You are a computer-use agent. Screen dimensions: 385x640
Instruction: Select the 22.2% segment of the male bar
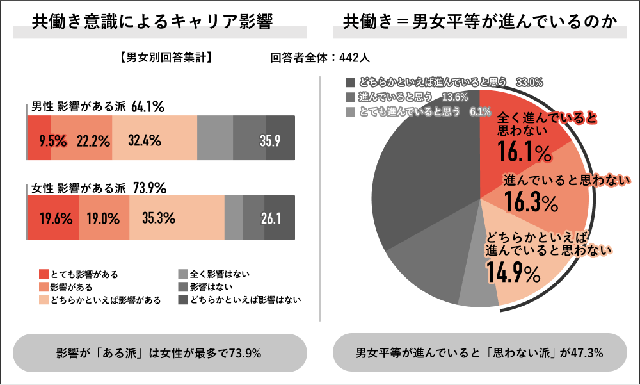click(x=93, y=140)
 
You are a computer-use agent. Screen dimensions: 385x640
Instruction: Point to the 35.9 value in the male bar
click(x=269, y=140)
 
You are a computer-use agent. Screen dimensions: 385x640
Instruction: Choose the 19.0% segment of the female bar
click(x=103, y=218)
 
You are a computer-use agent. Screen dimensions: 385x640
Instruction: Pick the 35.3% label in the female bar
click(x=158, y=218)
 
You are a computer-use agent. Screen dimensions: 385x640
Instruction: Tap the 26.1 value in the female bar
click(x=271, y=218)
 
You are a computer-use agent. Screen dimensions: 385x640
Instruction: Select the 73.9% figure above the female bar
click(x=150, y=188)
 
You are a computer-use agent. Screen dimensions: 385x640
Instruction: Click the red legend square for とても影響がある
click(x=44, y=274)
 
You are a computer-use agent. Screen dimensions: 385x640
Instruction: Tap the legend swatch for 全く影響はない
click(x=182, y=274)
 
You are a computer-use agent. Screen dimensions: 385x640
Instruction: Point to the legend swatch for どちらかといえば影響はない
click(x=182, y=299)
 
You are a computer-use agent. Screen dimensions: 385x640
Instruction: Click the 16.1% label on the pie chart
click(x=524, y=153)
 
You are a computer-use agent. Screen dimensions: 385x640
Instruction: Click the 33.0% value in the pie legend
click(x=529, y=82)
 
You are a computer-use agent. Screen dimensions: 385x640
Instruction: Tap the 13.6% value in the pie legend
click(x=454, y=97)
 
